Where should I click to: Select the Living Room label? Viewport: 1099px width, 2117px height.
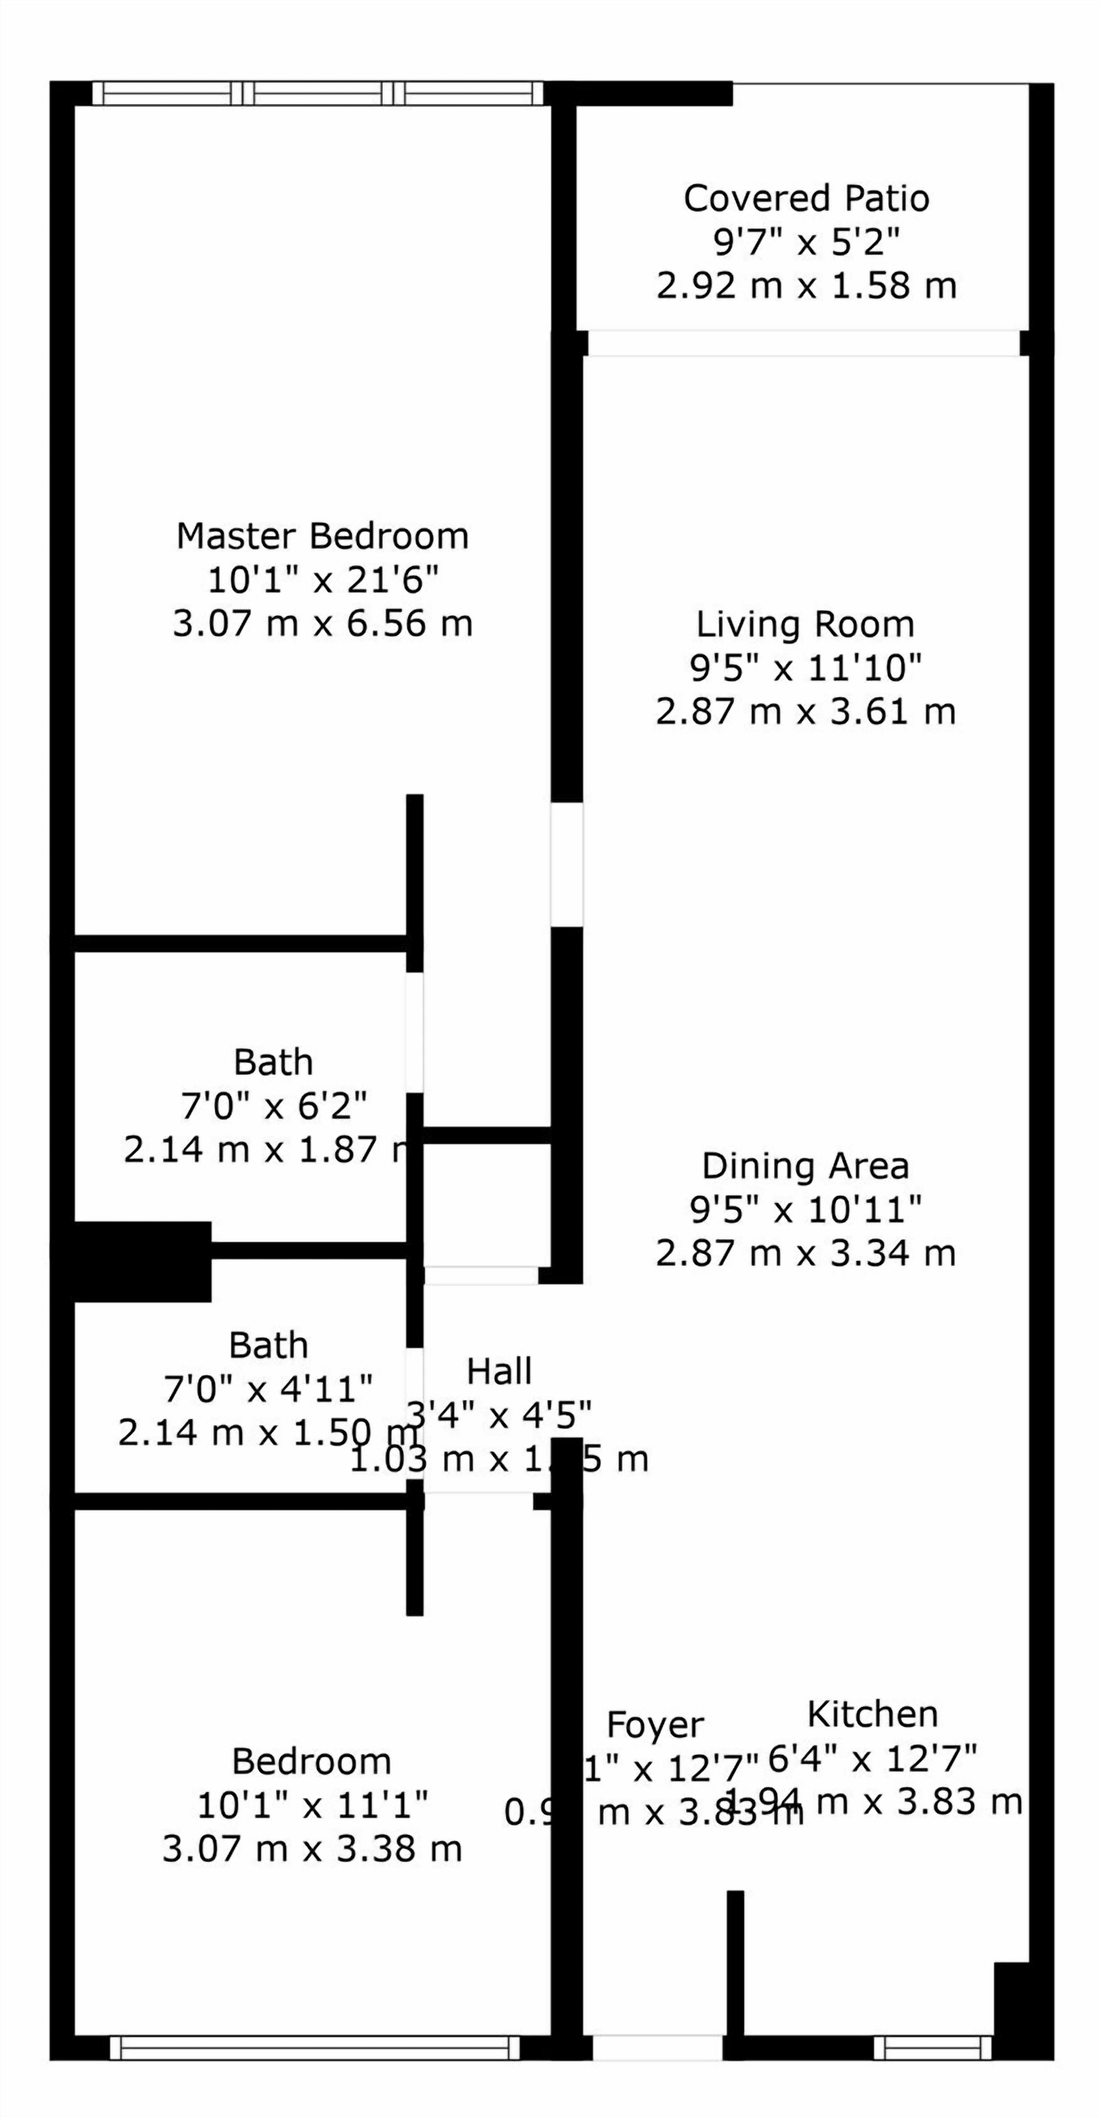[x=805, y=625]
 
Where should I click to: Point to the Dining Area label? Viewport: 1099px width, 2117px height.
[x=805, y=1166]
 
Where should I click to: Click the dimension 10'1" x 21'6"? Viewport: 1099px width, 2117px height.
[x=322, y=580]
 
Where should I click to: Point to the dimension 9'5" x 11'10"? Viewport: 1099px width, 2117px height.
[x=805, y=668]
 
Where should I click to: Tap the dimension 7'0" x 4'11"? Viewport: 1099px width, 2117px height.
[x=268, y=1389]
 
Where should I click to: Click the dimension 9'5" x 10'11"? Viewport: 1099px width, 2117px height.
[x=805, y=1210]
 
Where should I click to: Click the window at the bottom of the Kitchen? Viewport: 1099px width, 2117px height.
[x=932, y=2048]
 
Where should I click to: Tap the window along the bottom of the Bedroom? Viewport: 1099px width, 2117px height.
[x=315, y=2048]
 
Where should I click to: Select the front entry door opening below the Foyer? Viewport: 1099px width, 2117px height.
[x=657, y=2048]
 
